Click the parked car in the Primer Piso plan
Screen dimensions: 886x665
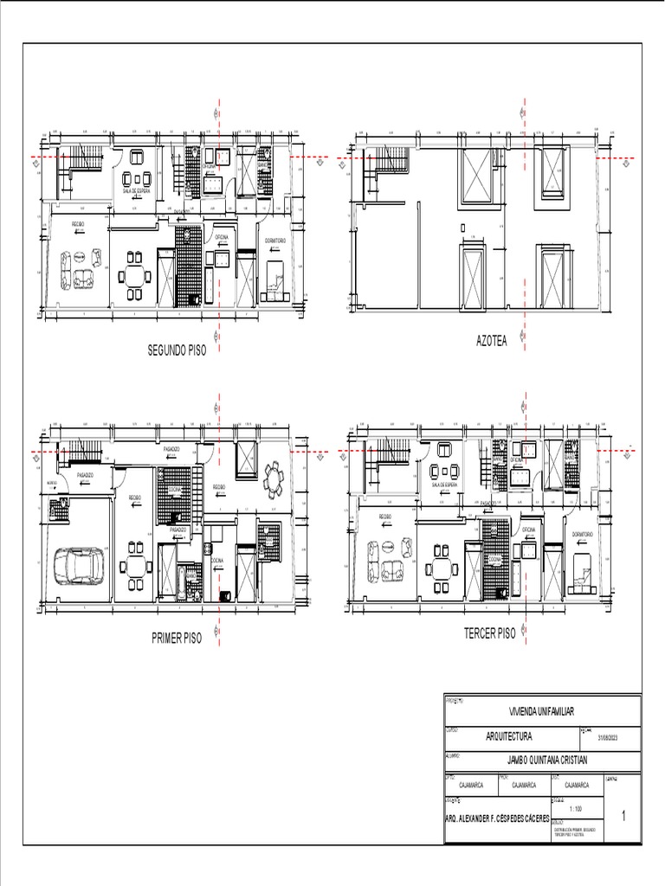tap(79, 568)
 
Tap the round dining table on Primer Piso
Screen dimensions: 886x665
tap(274, 478)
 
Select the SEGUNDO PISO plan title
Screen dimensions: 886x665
tap(177, 351)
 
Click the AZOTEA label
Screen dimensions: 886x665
tap(491, 341)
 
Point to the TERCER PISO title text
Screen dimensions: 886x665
tap(489, 633)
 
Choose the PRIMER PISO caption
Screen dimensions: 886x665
tap(177, 639)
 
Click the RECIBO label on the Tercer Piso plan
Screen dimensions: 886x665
tap(384, 517)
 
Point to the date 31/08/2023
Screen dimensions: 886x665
tap(610, 738)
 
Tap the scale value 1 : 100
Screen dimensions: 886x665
tap(576, 808)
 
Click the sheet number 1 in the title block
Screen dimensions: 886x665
tap(623, 816)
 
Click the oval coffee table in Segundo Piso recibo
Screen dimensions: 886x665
tap(79, 257)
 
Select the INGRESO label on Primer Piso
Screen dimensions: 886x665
tap(52, 484)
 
